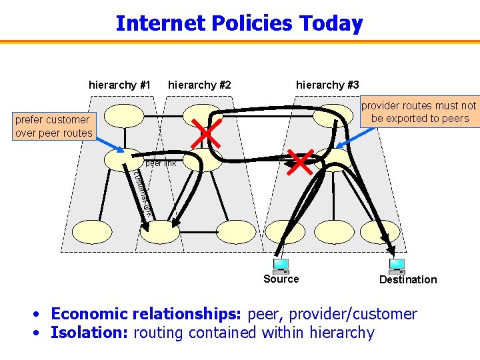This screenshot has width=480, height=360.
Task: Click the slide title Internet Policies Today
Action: (x=239, y=23)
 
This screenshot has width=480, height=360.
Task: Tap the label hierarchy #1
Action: (x=119, y=85)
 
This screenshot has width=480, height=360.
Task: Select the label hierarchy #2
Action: (x=199, y=85)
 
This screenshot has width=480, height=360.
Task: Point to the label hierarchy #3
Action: (x=327, y=85)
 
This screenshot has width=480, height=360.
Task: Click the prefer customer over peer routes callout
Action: (x=53, y=127)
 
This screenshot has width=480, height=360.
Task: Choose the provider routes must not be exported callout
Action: (x=419, y=112)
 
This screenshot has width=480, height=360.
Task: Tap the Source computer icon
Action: (x=281, y=265)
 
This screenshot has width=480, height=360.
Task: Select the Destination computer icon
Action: (x=397, y=267)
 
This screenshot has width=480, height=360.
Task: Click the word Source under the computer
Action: (x=281, y=279)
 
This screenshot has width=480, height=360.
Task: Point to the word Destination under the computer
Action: (x=408, y=280)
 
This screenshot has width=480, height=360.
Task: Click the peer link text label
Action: (x=161, y=163)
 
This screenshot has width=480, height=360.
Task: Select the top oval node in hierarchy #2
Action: (x=203, y=114)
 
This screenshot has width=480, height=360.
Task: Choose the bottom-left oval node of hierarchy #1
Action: (x=92, y=231)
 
